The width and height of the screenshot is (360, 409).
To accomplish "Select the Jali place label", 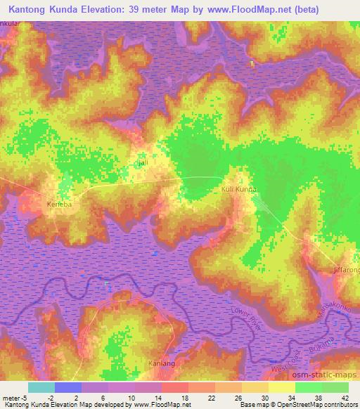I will (x=143, y=163).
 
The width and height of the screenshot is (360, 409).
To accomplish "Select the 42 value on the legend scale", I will (x=344, y=397).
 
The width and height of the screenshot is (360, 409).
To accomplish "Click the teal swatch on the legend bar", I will (x=41, y=387).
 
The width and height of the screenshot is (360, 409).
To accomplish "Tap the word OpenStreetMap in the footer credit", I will (x=294, y=405).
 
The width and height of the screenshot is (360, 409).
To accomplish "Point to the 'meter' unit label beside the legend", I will (x=11, y=397).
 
